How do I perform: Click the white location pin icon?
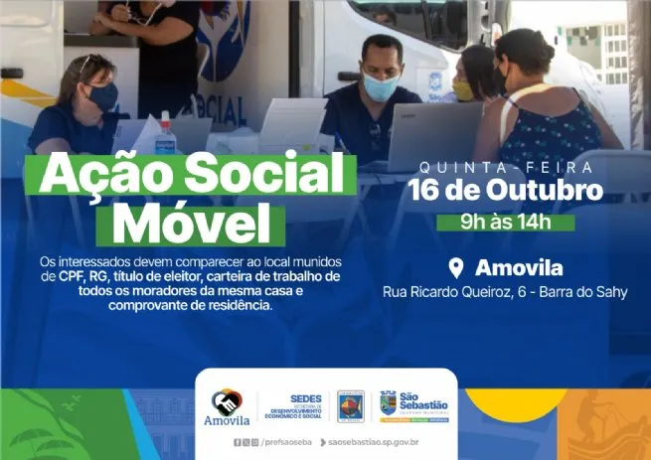click(x=457, y=268)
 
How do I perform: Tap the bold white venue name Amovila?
click(x=519, y=268)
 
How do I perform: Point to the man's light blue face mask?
click(x=380, y=87)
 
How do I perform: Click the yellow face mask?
click(x=463, y=90)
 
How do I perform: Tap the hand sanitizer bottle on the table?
click(x=165, y=134)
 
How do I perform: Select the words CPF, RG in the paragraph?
click(x=87, y=274)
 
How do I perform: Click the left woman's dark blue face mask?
click(x=102, y=96)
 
